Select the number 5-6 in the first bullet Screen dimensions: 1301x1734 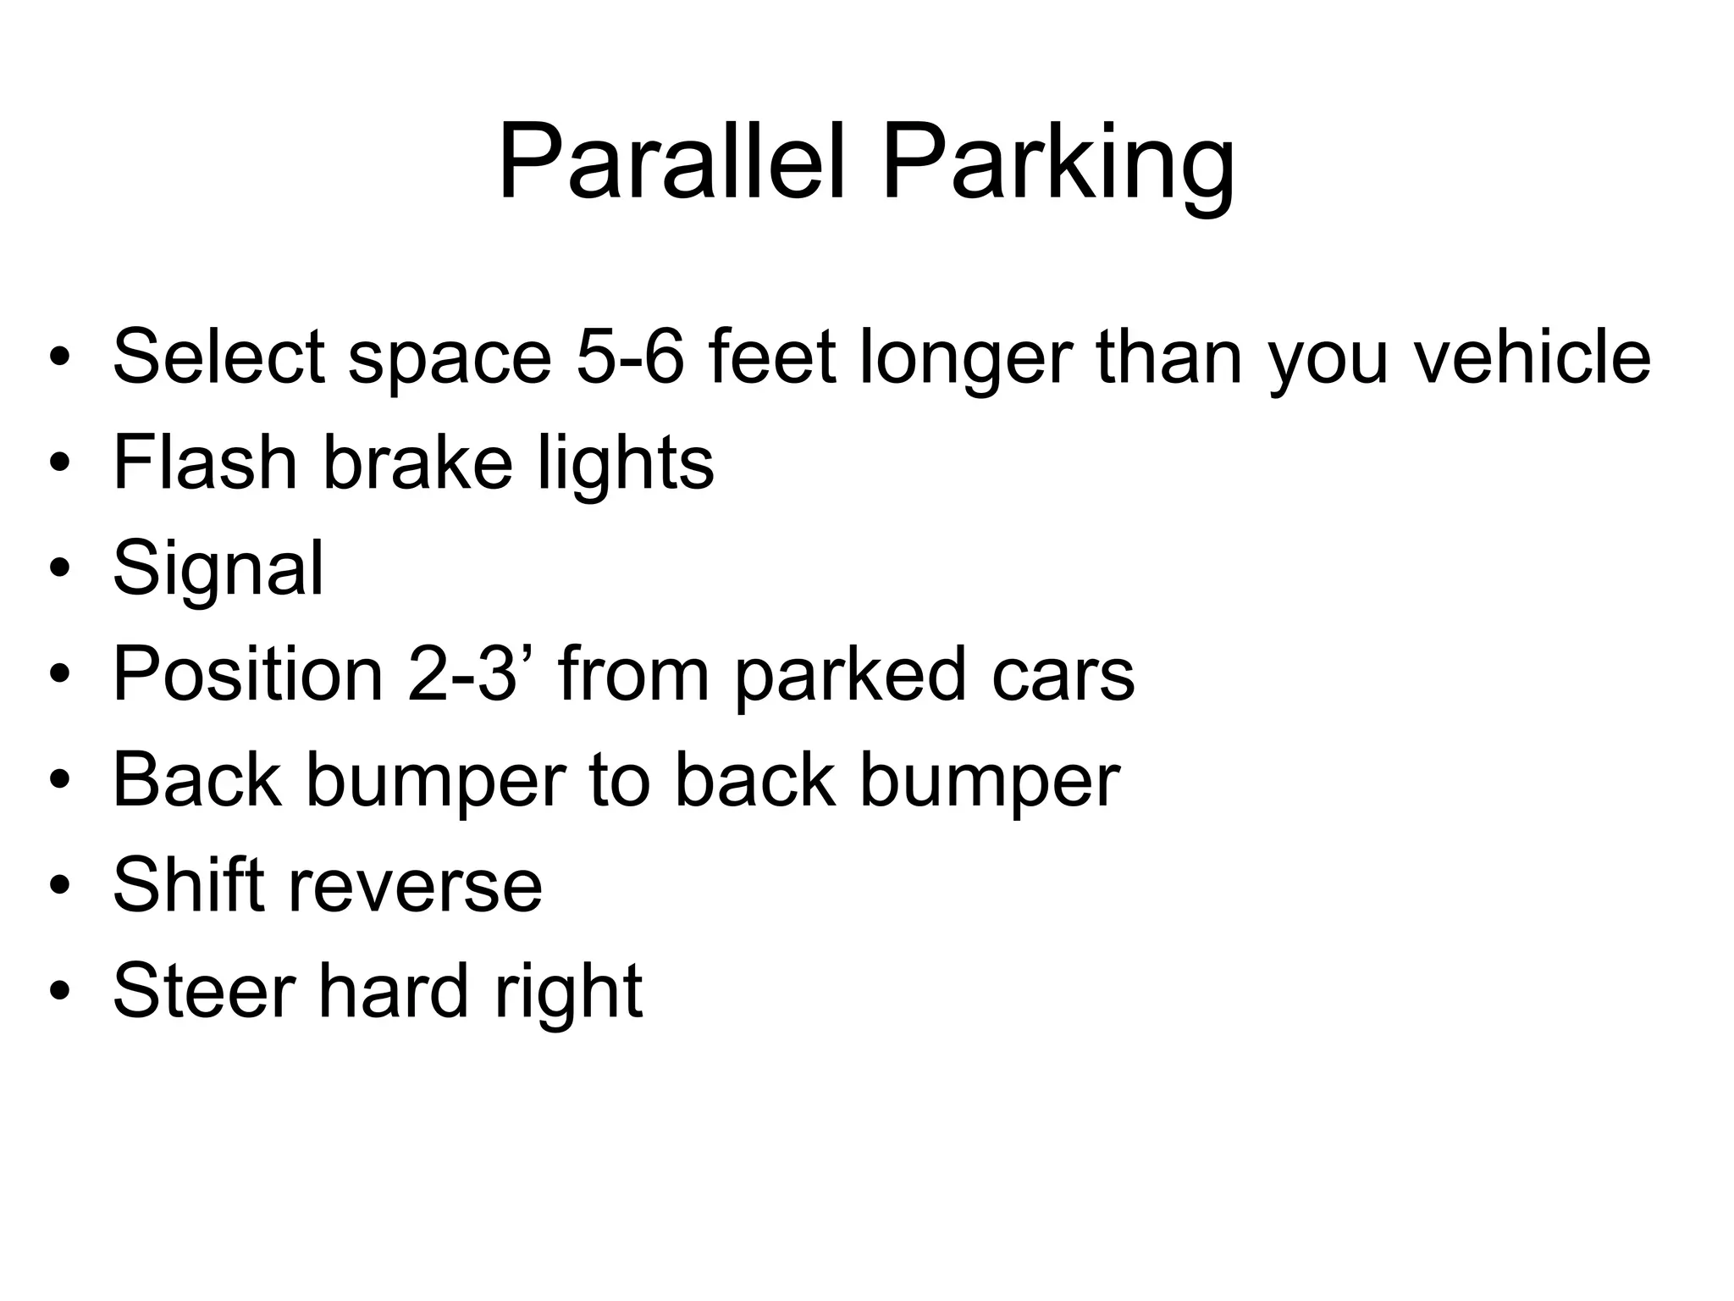tap(630, 357)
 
